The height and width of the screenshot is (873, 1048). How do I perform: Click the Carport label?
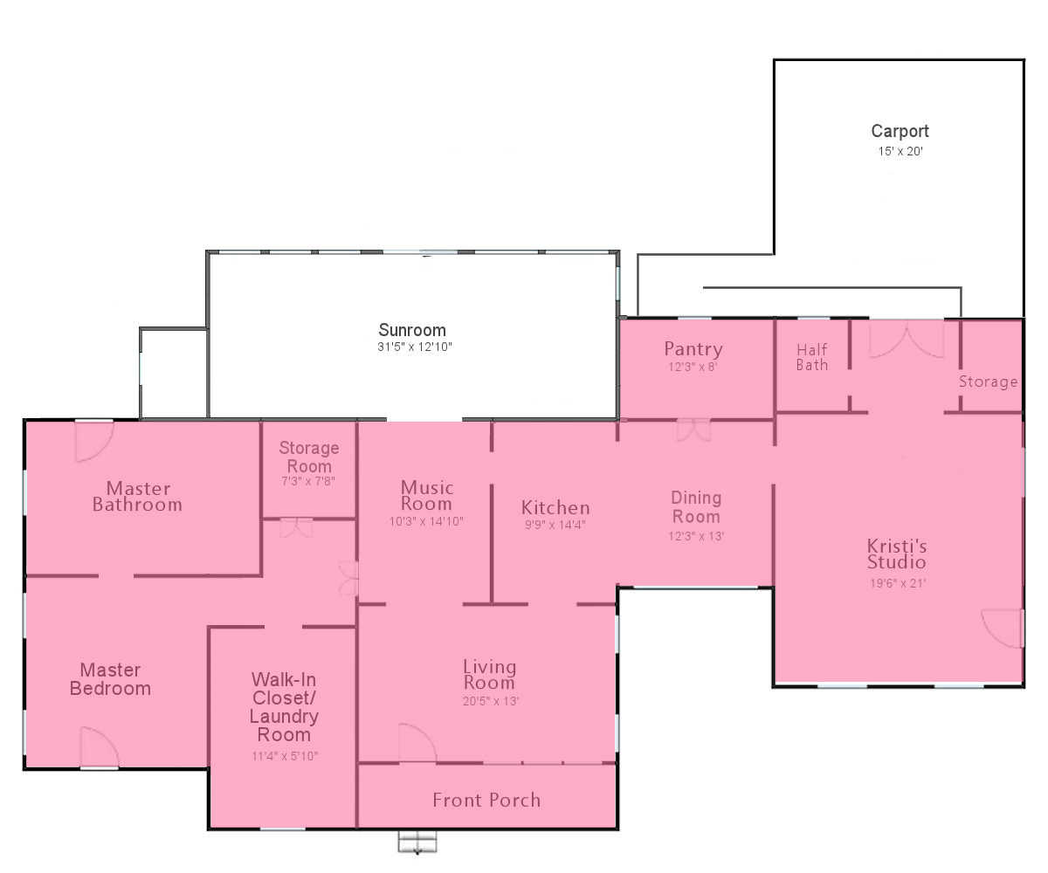click(x=900, y=132)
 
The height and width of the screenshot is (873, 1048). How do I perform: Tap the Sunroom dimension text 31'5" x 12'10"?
click(x=415, y=347)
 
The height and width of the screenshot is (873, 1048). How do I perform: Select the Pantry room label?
click(x=693, y=349)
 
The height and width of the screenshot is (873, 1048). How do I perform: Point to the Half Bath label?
click(x=812, y=357)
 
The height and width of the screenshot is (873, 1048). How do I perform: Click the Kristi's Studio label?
click(x=897, y=553)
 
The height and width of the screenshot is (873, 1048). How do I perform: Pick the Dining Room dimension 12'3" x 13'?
click(x=696, y=536)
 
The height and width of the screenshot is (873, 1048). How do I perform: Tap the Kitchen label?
click(x=555, y=507)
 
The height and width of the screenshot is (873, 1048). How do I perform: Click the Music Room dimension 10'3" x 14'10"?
click(x=426, y=521)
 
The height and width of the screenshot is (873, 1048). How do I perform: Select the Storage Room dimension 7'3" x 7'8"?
click(x=308, y=481)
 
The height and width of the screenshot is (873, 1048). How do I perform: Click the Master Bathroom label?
click(x=137, y=497)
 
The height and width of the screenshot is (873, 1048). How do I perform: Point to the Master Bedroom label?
click(x=110, y=679)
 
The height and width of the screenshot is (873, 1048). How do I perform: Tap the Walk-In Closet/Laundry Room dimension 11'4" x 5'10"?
click(x=285, y=756)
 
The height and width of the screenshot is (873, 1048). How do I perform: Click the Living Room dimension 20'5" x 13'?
click(x=490, y=701)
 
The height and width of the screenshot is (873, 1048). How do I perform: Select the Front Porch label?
click(x=486, y=800)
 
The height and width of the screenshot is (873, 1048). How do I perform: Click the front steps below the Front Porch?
click(x=417, y=842)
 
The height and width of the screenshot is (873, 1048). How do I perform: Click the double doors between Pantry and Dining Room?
click(x=693, y=431)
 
